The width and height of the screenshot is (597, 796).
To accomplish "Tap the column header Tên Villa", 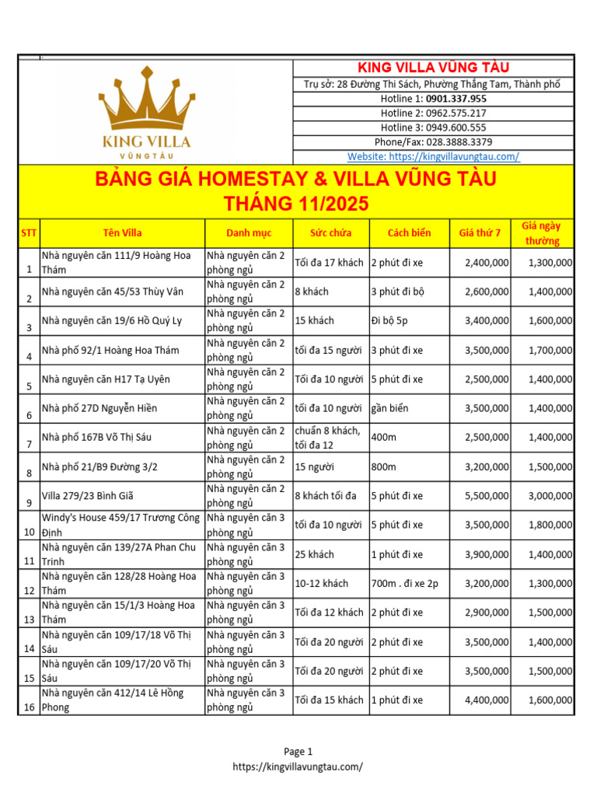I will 122,232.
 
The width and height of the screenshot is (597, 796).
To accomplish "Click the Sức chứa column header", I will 330,232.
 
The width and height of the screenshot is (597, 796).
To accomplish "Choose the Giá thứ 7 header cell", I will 480,232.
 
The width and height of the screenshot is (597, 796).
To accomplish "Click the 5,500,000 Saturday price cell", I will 487,496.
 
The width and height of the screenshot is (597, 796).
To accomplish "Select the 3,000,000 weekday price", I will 550,496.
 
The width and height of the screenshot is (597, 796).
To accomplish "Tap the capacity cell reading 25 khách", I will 314,554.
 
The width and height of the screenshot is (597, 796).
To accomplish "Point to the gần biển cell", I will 389,408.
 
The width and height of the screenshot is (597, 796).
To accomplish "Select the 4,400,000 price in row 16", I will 487,700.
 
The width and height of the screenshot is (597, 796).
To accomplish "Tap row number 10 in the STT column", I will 28,532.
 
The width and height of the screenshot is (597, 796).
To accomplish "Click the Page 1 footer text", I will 298,752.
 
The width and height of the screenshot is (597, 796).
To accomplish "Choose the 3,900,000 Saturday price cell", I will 487,554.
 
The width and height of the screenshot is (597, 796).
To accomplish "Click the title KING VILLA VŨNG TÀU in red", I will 433,68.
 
